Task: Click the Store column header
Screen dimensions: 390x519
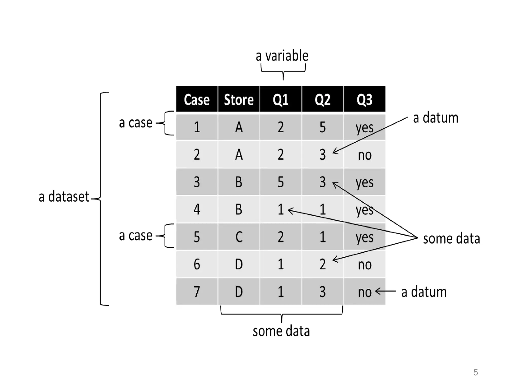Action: (238, 99)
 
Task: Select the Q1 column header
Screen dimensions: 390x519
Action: (281, 99)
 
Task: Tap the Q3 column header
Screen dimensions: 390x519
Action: (364, 99)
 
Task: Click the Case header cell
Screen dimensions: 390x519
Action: (197, 99)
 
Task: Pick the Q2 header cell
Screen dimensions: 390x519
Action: (322, 99)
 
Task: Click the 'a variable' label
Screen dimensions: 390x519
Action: (282, 56)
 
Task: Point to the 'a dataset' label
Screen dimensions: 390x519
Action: (64, 197)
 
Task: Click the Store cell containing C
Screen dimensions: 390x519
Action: (238, 237)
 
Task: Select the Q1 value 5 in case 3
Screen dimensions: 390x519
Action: (281, 182)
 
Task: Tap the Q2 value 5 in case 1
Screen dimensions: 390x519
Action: (322, 127)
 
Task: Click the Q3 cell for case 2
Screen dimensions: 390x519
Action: (364, 155)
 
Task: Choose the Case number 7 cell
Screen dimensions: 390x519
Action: (197, 291)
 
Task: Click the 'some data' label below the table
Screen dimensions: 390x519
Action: (281, 331)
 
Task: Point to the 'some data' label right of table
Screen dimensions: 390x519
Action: (451, 239)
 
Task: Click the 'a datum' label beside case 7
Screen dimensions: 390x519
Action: (424, 292)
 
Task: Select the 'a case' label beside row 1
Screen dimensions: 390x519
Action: (136, 123)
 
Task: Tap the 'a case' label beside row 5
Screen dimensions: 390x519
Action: (136, 236)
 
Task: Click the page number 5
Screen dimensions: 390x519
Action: (475, 372)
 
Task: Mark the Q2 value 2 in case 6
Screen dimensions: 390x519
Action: (322, 264)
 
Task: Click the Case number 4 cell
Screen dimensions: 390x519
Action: (197, 209)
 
